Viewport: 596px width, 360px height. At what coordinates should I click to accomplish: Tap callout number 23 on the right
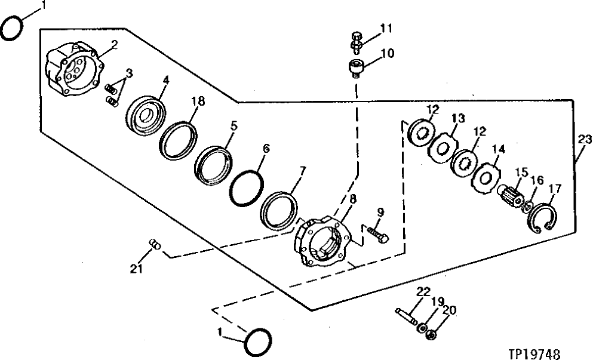click(585, 141)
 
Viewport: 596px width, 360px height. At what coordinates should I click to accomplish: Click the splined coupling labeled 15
click(512, 197)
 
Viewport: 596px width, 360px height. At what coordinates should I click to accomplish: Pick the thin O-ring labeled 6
click(246, 184)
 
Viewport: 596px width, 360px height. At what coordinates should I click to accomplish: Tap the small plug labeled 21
click(155, 244)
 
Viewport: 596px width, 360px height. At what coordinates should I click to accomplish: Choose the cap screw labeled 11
click(356, 41)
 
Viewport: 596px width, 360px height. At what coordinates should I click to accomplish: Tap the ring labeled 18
click(179, 140)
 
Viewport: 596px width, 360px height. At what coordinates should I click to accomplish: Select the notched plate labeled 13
click(444, 147)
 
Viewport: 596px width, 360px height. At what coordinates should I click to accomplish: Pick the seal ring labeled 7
click(279, 210)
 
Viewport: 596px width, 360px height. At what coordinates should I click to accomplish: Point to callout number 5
click(234, 126)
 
